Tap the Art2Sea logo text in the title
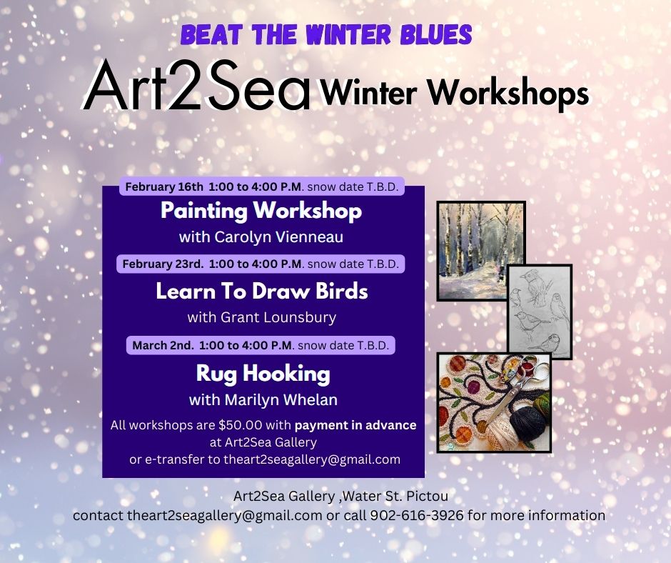click(198, 86)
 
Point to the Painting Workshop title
click(261, 211)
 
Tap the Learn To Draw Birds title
click(262, 291)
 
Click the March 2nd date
click(163, 345)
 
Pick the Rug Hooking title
click(263, 373)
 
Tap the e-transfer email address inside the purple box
click(311, 459)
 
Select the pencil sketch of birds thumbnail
click(540, 307)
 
